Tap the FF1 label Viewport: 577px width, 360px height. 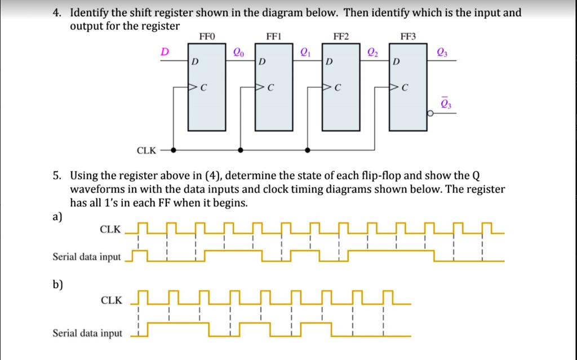tap(273, 37)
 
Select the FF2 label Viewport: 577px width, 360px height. tap(341, 37)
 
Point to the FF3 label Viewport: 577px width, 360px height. tap(407, 37)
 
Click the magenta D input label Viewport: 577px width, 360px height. tap(165, 51)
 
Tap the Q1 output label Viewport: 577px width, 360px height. tap(305, 52)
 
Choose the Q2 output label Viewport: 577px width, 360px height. tap(372, 52)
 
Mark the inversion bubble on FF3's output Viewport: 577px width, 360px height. tap(430, 114)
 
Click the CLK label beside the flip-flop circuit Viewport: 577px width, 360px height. tap(147, 150)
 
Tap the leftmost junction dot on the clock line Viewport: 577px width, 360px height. tap(174, 150)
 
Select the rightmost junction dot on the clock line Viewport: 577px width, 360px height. tap(307, 150)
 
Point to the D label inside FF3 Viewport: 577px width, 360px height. tap(397, 61)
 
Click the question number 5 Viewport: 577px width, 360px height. tap(57, 175)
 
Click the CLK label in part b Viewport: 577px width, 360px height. tap(111, 300)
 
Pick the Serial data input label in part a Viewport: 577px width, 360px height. tap(86, 257)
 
